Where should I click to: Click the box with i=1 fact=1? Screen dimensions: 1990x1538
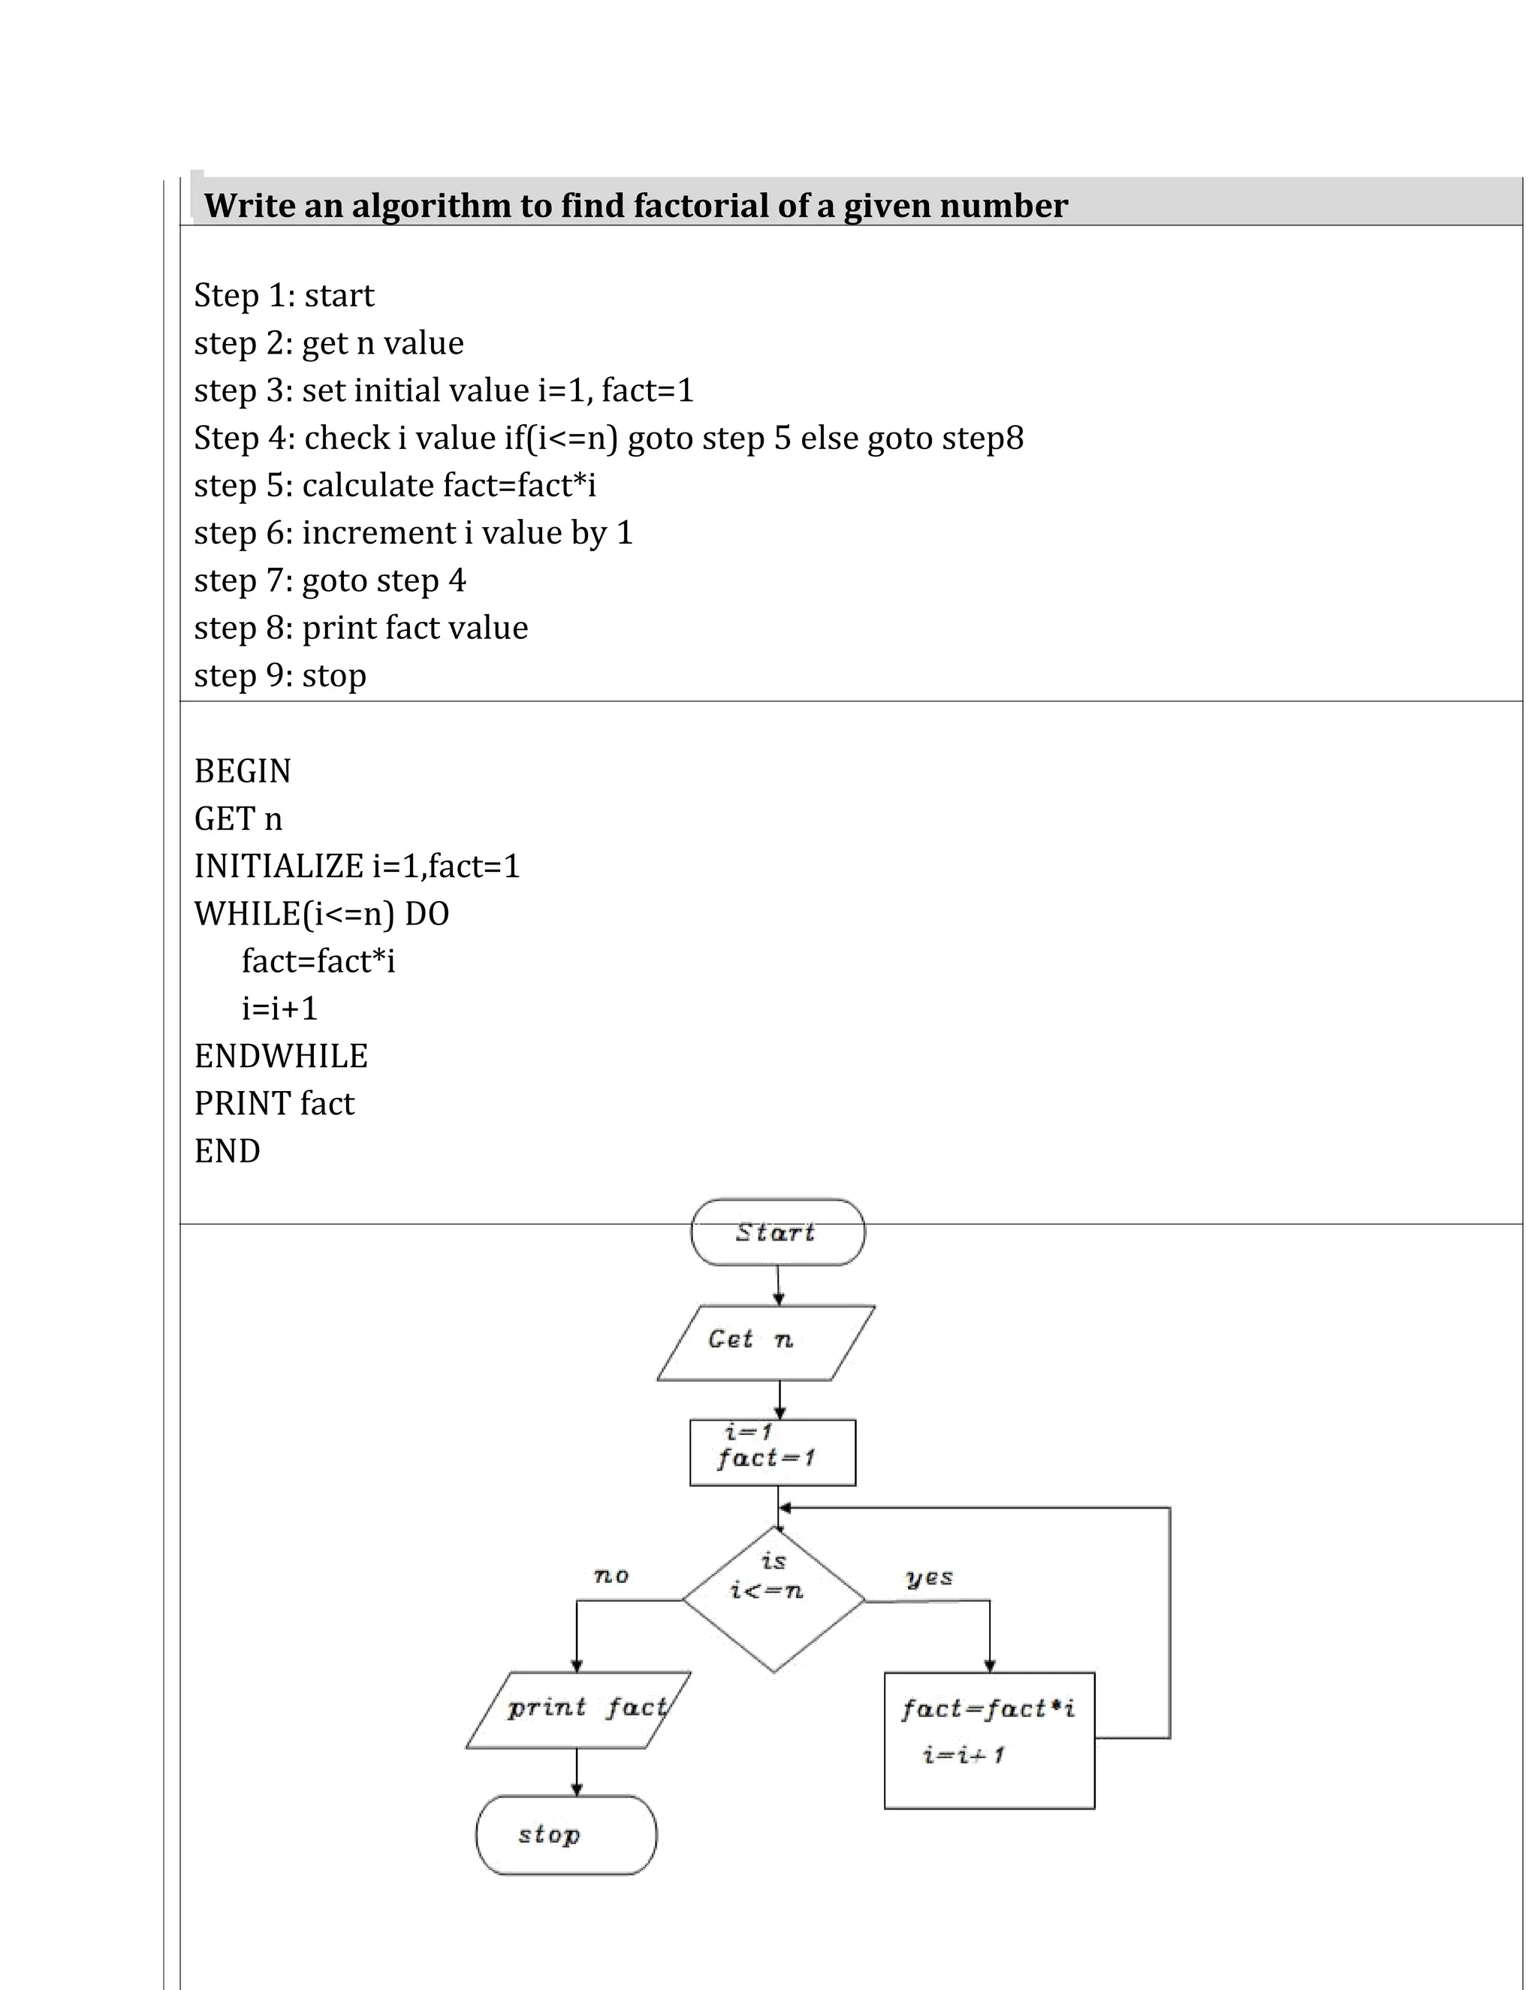pos(772,1452)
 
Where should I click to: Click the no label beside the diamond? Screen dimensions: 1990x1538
pos(611,1575)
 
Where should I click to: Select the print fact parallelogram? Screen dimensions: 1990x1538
pos(578,1709)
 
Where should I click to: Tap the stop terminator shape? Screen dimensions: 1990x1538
pos(565,1835)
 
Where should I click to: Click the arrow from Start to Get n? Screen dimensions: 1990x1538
pos(778,1285)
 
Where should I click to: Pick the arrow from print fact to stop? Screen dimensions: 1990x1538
pos(576,1771)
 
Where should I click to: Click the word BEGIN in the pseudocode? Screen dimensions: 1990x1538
pos(243,772)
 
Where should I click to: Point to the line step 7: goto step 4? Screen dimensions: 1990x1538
pos(329,581)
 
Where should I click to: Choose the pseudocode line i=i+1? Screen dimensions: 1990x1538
pos(279,1009)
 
